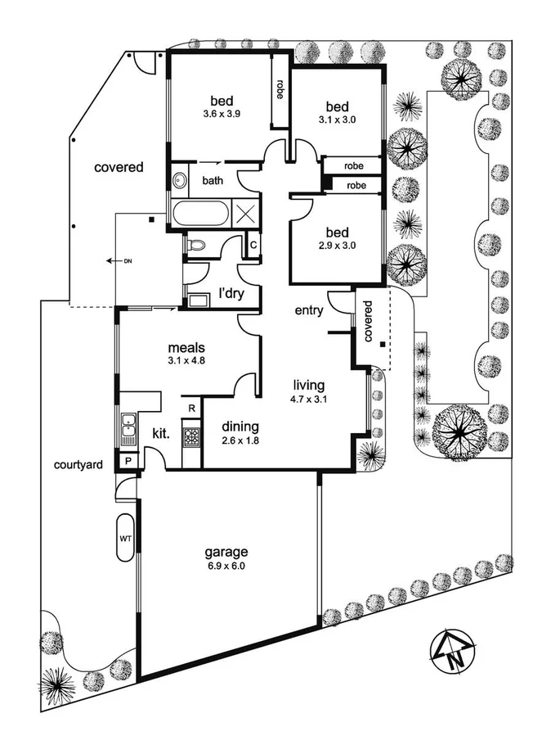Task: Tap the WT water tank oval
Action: point(125,538)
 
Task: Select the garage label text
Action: point(226,552)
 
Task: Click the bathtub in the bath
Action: point(201,214)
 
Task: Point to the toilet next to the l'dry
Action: point(196,245)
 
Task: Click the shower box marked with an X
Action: point(245,214)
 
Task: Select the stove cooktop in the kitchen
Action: point(191,437)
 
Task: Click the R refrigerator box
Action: point(191,409)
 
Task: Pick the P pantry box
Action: point(128,462)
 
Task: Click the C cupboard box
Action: point(253,245)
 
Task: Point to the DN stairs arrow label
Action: point(119,261)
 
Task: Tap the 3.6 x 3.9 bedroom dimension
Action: point(222,113)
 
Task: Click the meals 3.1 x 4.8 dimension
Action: point(186,360)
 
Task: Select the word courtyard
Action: point(78,465)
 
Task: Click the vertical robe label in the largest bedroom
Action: point(280,89)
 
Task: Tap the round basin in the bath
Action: point(179,180)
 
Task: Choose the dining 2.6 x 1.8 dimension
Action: point(240,440)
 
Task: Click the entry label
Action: point(309,311)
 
